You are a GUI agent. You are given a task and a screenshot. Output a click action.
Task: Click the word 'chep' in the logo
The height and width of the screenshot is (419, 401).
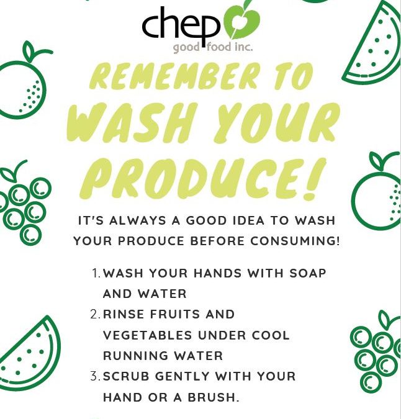[181, 27]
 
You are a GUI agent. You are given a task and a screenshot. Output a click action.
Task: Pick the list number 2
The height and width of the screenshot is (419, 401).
[96, 314]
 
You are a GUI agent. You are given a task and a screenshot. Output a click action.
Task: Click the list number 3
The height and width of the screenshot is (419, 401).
[96, 376]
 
